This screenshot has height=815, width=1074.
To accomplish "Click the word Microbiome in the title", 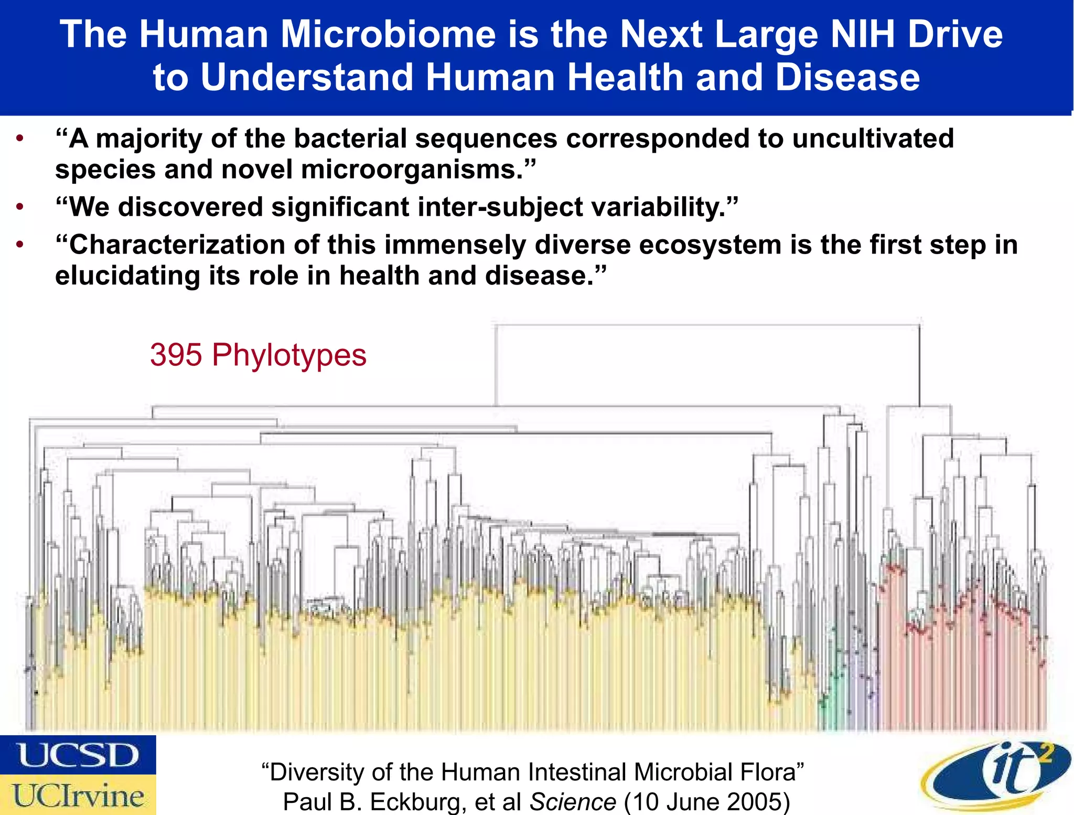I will (x=388, y=35).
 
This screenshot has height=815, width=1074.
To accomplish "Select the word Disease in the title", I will (x=847, y=78).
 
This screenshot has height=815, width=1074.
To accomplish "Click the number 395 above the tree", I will (x=176, y=355).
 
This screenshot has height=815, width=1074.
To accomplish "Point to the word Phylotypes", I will (x=289, y=356).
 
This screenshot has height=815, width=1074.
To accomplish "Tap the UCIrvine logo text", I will (x=79, y=796).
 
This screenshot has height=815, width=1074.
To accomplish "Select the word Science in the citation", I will (x=573, y=802).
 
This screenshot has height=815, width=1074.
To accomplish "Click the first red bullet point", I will (x=20, y=139).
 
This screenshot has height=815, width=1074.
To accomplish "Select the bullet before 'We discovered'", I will (x=20, y=207).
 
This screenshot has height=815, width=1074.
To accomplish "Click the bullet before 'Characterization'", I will (x=20, y=245).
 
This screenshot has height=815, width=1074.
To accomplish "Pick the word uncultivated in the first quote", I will (x=873, y=139).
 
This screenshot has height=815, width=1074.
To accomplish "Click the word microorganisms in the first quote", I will (x=412, y=170).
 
